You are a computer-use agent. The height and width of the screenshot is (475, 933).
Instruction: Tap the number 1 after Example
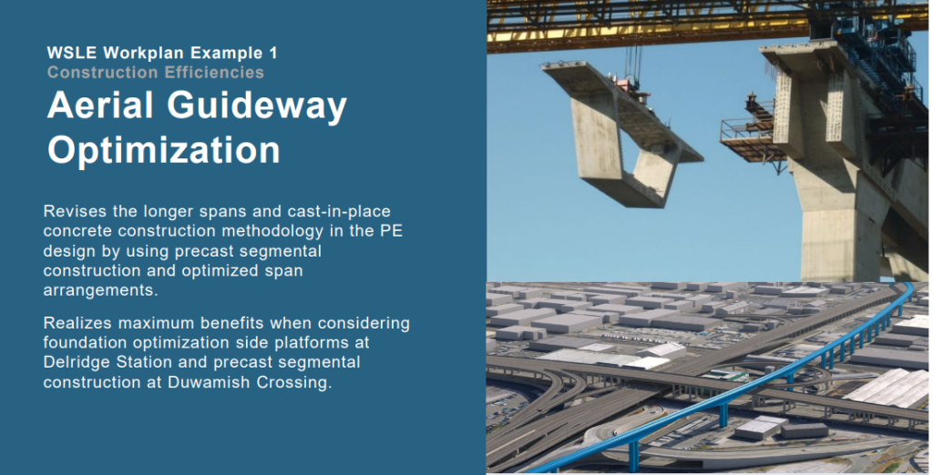273,53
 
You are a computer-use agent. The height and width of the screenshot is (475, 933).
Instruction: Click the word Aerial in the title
100,106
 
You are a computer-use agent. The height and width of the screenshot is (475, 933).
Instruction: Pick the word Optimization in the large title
164,150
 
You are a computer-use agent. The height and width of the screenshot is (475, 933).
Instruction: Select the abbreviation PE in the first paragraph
392,230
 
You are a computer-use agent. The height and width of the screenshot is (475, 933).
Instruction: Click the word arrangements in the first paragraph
99,290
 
